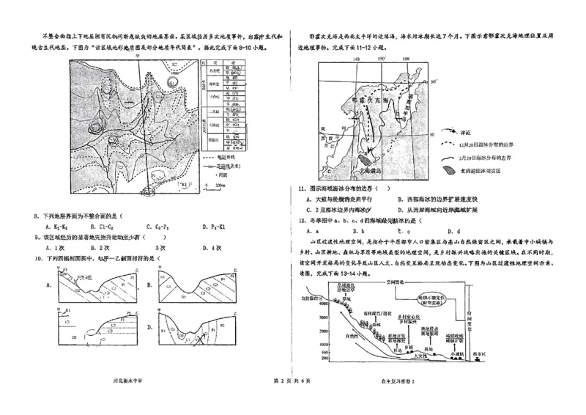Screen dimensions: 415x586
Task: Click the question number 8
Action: (x=37, y=216)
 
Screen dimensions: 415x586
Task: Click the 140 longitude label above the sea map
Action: (x=356, y=59)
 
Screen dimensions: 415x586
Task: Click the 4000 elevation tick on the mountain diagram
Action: (x=313, y=302)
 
